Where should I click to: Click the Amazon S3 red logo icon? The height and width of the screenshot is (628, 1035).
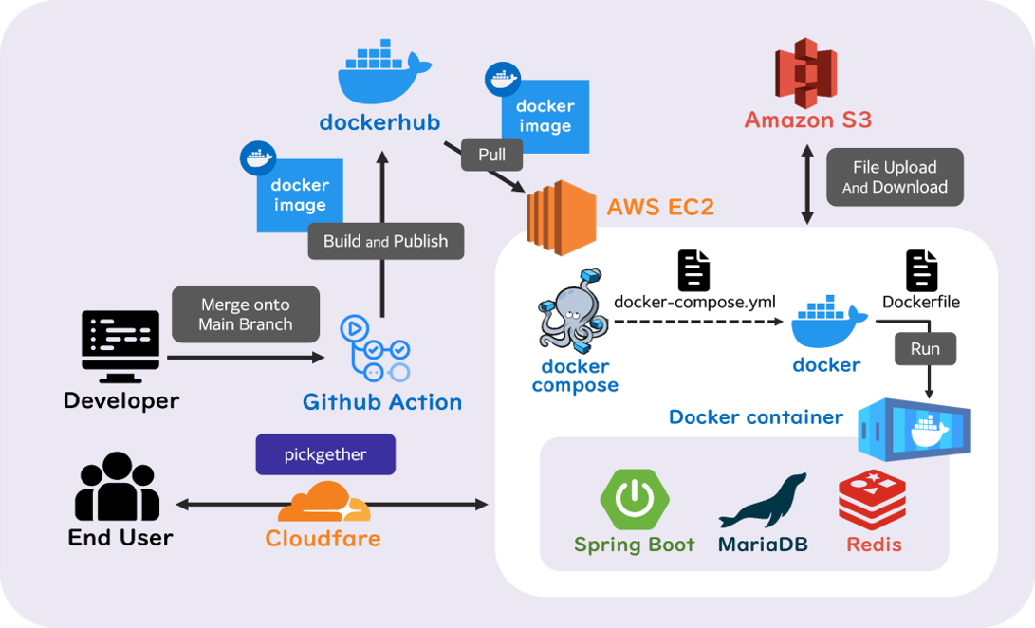806,72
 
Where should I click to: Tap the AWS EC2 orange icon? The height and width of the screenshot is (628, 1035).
561,217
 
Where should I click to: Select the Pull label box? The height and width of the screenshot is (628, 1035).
491,155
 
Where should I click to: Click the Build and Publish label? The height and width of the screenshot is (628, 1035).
385,241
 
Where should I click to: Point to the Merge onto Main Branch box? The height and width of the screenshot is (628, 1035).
246,314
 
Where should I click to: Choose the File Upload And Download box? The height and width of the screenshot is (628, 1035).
895,177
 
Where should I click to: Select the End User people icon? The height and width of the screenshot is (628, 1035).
117,488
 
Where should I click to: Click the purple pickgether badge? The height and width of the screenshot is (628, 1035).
325,454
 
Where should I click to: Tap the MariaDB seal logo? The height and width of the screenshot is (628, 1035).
763,501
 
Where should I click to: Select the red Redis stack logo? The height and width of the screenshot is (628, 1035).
872,500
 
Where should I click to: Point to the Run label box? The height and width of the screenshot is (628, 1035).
925,348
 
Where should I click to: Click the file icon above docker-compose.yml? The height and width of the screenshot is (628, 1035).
693,270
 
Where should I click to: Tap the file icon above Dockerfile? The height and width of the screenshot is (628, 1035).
921,270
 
